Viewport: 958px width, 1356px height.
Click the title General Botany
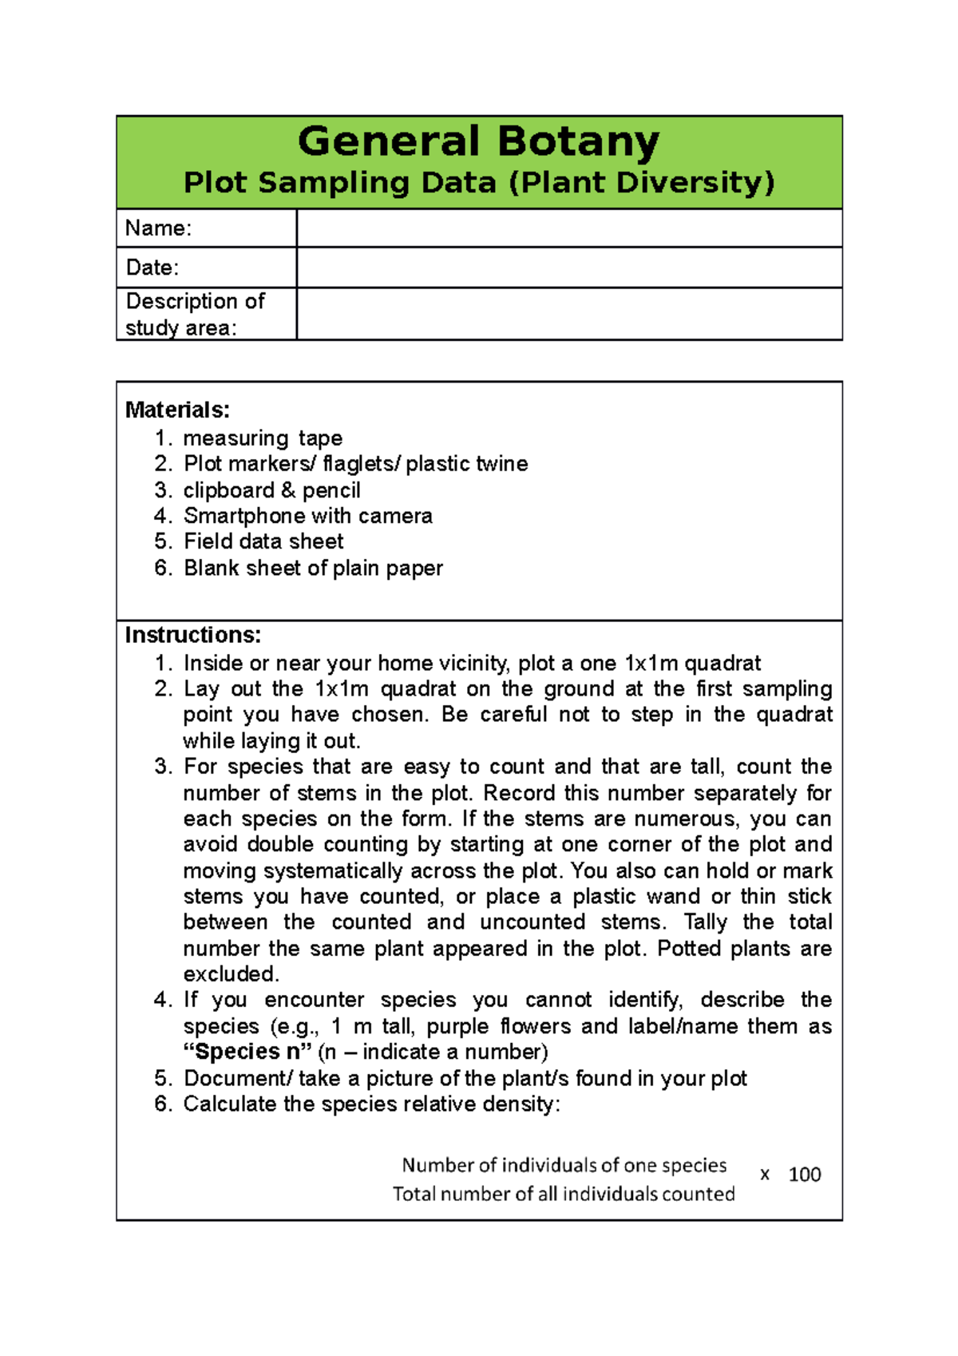tap(478, 141)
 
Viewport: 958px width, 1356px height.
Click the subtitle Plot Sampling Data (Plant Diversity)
tap(478, 183)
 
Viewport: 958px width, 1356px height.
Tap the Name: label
tap(158, 228)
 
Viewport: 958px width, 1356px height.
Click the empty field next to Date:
tap(568, 268)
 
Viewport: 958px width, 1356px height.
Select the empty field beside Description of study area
tap(568, 314)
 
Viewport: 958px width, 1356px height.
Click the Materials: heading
tap(177, 410)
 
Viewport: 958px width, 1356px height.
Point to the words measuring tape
tap(263, 438)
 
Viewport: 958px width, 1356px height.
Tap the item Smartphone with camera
tap(307, 516)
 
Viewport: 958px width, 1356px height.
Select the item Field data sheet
tap(263, 541)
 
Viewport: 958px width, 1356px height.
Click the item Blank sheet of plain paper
tap(313, 568)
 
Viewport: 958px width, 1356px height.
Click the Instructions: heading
tap(192, 635)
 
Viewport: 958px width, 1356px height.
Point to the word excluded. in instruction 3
tap(231, 974)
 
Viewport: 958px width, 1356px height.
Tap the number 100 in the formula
tap(804, 1175)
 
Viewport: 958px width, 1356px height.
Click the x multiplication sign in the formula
tap(765, 1175)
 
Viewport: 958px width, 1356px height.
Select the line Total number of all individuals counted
tap(563, 1194)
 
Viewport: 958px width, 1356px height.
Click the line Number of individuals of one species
tap(564, 1165)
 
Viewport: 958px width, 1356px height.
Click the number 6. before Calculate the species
tap(164, 1104)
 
